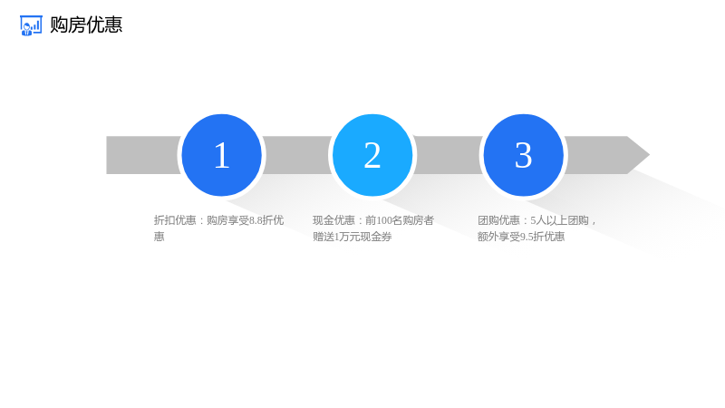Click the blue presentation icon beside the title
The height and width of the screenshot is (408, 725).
click(31, 25)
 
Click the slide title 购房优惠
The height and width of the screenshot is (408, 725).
click(86, 25)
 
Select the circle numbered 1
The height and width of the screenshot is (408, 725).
click(221, 155)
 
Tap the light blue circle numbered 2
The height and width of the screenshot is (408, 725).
click(372, 155)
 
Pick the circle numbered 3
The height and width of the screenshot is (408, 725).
click(524, 155)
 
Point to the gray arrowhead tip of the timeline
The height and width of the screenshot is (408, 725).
click(649, 155)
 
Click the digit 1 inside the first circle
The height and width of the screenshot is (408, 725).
click(222, 155)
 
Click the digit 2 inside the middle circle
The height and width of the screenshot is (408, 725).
click(372, 155)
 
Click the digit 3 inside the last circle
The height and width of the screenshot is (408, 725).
click(524, 155)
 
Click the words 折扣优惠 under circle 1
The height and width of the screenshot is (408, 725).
click(175, 220)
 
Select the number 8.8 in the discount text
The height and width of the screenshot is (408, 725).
click(256, 220)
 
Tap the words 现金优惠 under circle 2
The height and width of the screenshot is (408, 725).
click(333, 220)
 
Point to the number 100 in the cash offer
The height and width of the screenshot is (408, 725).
click(384, 220)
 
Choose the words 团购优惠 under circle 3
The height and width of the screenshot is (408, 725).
click(498, 220)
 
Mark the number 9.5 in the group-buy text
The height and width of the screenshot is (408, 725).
click(527, 238)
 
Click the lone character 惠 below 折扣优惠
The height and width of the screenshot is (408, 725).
click(159, 237)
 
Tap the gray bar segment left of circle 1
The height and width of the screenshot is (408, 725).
click(142, 155)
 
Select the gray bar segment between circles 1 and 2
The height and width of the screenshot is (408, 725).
click(297, 155)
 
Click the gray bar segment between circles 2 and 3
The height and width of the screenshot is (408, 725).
click(448, 155)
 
